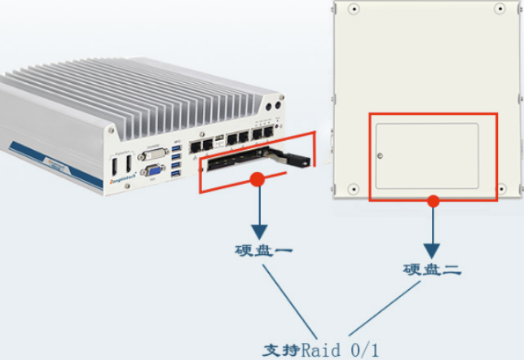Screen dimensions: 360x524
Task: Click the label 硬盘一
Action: pos(257,250)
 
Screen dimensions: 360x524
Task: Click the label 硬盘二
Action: pos(431,269)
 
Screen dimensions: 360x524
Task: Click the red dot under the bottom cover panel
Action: pos(432,200)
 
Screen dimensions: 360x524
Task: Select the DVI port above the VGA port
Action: pos(152,154)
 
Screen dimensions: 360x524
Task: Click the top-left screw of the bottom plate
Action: pos(353,11)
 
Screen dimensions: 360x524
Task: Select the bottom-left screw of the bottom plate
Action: pos(353,189)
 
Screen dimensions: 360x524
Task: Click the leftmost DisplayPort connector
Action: pos(113,166)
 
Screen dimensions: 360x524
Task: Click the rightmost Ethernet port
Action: pos(268,132)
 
